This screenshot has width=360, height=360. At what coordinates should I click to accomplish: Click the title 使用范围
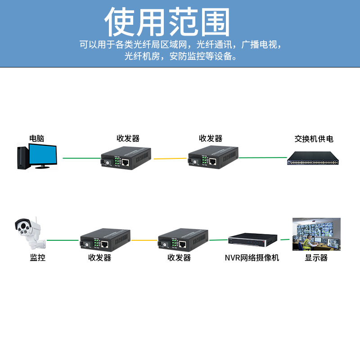click(167, 22)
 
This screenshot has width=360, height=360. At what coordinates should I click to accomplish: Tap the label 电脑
click(37, 138)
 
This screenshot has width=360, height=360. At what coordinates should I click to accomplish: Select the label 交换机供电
click(314, 139)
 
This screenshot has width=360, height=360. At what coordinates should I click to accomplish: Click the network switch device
click(314, 158)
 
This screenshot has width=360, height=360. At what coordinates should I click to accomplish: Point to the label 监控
click(38, 258)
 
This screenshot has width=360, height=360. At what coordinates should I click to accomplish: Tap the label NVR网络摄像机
click(252, 258)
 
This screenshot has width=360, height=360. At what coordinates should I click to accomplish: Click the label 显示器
click(316, 258)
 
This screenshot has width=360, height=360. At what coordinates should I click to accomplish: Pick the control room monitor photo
click(316, 234)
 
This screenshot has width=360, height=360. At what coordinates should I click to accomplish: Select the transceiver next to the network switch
click(212, 157)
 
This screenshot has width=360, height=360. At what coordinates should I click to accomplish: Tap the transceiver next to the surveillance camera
click(105, 241)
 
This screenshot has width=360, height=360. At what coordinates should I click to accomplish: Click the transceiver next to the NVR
click(183, 240)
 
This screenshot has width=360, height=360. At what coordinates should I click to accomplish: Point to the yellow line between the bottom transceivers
click(144, 240)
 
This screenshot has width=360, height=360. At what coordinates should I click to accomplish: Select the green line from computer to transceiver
click(81, 158)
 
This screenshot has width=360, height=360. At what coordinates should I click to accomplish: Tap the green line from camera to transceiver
click(63, 240)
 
